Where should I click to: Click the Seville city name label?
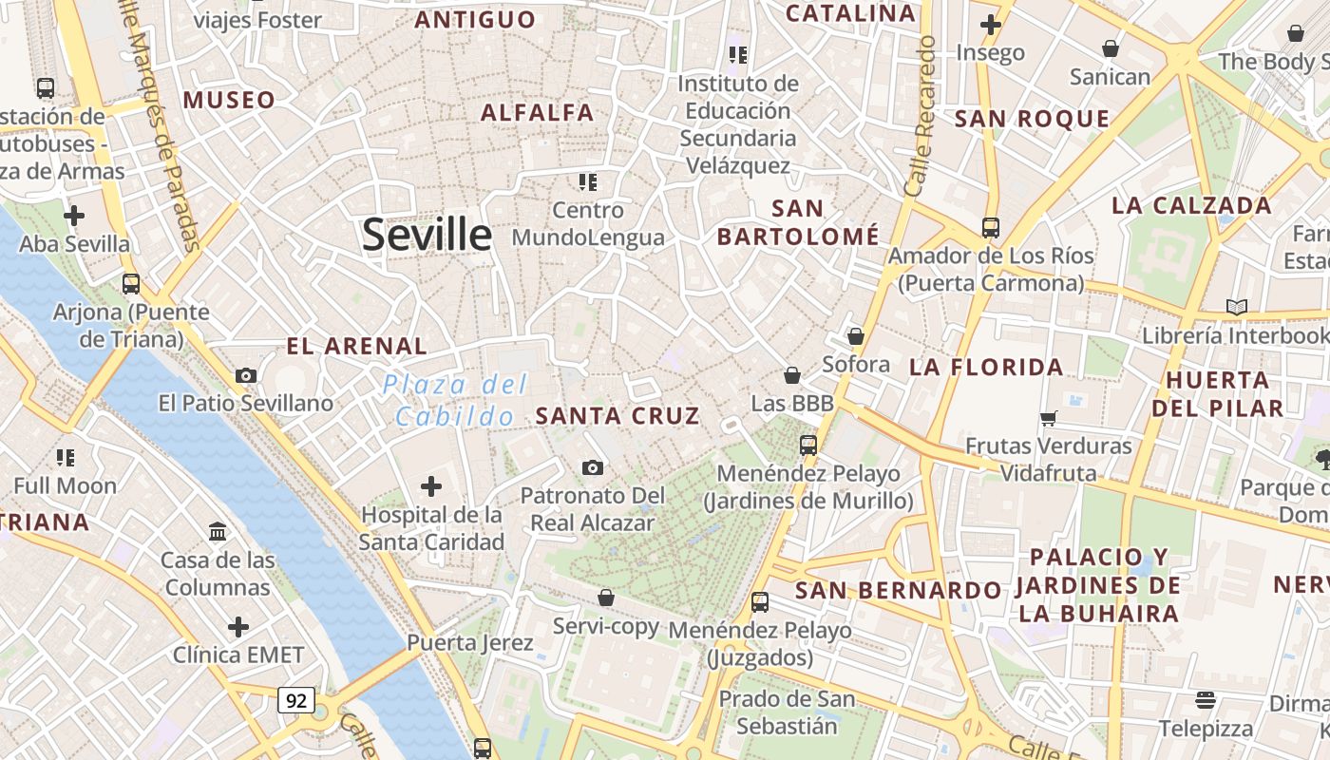[427, 235]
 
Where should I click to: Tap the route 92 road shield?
[296, 701]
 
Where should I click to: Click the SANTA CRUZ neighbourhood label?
[617, 415]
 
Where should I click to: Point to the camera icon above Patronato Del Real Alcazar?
[593, 467]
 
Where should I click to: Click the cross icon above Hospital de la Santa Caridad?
[431, 486]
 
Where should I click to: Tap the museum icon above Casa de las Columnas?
[218, 531]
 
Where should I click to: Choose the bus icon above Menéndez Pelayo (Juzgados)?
[760, 601]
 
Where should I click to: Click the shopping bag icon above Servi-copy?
[606, 598]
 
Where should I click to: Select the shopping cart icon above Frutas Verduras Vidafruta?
[1049, 418]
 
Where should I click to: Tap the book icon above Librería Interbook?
[1236, 307]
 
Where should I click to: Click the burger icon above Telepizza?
[1206, 701]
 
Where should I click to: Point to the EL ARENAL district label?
[357, 346]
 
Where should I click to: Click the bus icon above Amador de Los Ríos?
[991, 228]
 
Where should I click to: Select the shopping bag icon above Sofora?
[856, 336]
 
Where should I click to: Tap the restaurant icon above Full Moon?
[66, 458]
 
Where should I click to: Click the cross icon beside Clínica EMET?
[238, 627]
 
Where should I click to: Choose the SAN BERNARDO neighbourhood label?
[898, 590]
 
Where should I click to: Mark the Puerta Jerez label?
[470, 642]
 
